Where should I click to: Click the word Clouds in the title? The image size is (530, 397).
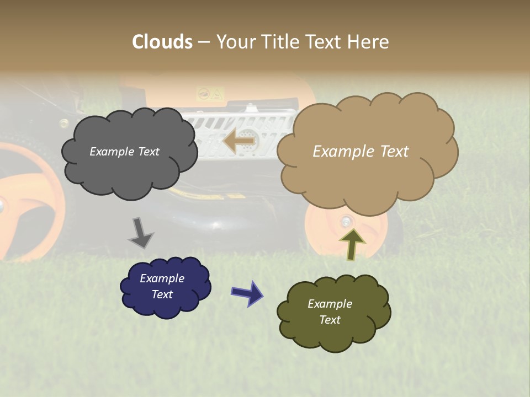pos(162,42)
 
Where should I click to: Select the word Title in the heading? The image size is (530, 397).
pos(280,42)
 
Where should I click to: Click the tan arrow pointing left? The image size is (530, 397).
pos(240,141)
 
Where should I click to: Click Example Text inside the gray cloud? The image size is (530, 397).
pos(124,152)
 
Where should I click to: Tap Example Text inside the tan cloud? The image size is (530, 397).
pos(361,152)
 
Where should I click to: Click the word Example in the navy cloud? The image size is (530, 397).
pos(162,278)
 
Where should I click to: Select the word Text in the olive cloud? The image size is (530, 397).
pos(330,320)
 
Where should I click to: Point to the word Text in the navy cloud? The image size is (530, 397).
pos(162,294)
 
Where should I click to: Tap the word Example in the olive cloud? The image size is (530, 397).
pos(330,304)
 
